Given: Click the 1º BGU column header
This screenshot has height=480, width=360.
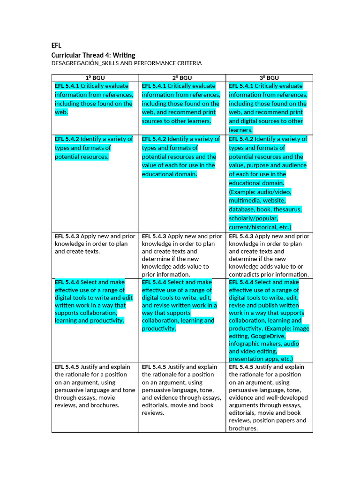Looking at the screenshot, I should point(95,78).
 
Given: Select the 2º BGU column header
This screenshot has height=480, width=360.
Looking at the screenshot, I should point(182,78).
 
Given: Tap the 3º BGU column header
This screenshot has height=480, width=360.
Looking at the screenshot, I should point(269,78).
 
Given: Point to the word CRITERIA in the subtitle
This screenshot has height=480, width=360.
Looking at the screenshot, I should point(187,63).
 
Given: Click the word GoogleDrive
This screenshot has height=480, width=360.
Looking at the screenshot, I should point(267,336).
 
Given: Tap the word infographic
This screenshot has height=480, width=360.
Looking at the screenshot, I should point(247,344).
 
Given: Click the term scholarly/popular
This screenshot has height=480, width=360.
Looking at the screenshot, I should point(253,218).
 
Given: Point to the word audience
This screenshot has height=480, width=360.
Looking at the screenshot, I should point(293,165).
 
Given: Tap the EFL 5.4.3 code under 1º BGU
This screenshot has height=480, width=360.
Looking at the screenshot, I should point(67,236).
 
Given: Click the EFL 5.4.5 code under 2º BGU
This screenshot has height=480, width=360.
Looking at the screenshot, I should point(154,367).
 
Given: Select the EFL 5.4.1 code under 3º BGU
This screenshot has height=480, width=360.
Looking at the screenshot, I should point(241,86).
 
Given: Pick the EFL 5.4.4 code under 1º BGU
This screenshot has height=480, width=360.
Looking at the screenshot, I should point(67,282).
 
